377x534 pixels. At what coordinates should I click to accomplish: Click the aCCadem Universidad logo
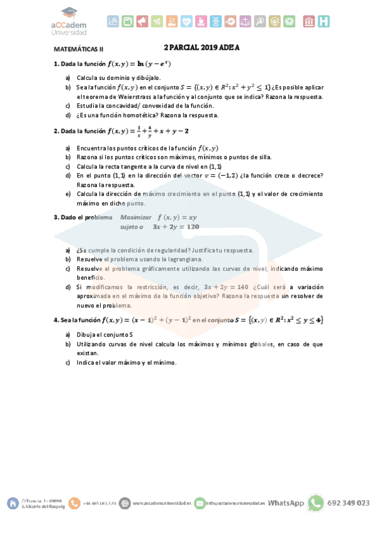click(69, 21)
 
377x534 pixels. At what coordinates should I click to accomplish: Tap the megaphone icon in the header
click(142, 21)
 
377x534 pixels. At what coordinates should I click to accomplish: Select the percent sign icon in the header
click(157, 21)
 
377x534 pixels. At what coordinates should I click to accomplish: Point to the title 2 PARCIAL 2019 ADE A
click(201, 47)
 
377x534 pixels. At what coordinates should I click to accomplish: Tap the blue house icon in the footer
click(13, 503)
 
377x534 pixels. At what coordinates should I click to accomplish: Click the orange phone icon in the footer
click(74, 503)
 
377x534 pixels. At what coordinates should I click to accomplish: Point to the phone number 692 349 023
click(350, 503)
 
